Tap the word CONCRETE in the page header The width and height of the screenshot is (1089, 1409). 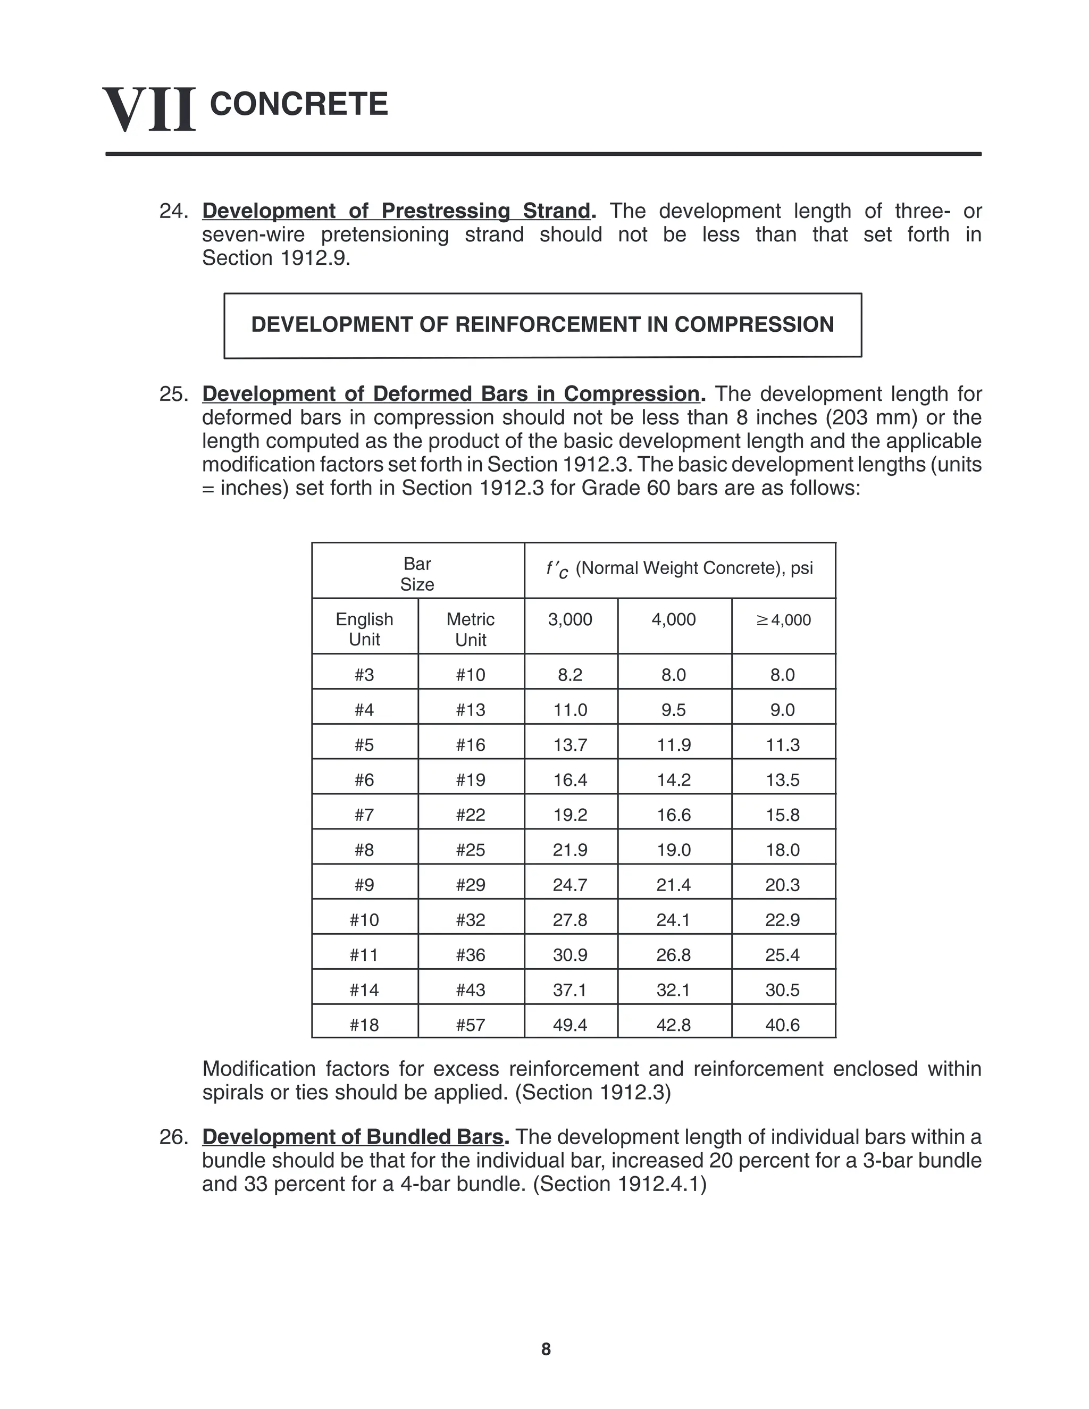(x=299, y=105)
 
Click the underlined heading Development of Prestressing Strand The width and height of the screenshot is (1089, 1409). (x=396, y=211)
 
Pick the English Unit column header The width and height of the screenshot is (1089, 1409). (x=364, y=629)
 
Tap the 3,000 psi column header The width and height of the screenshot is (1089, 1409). (x=571, y=619)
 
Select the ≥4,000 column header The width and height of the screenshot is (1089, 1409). (x=783, y=620)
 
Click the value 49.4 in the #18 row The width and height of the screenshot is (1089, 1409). (x=571, y=1025)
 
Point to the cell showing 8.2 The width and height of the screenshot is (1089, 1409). (x=571, y=675)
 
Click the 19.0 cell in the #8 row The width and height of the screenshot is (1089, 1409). (x=674, y=850)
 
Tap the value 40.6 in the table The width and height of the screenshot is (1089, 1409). (x=783, y=1025)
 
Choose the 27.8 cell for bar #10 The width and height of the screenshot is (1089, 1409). (x=571, y=920)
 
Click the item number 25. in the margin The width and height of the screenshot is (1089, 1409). (x=173, y=394)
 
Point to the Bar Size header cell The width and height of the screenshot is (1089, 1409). (x=417, y=574)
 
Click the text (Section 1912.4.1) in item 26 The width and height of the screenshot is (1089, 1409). (x=620, y=1184)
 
